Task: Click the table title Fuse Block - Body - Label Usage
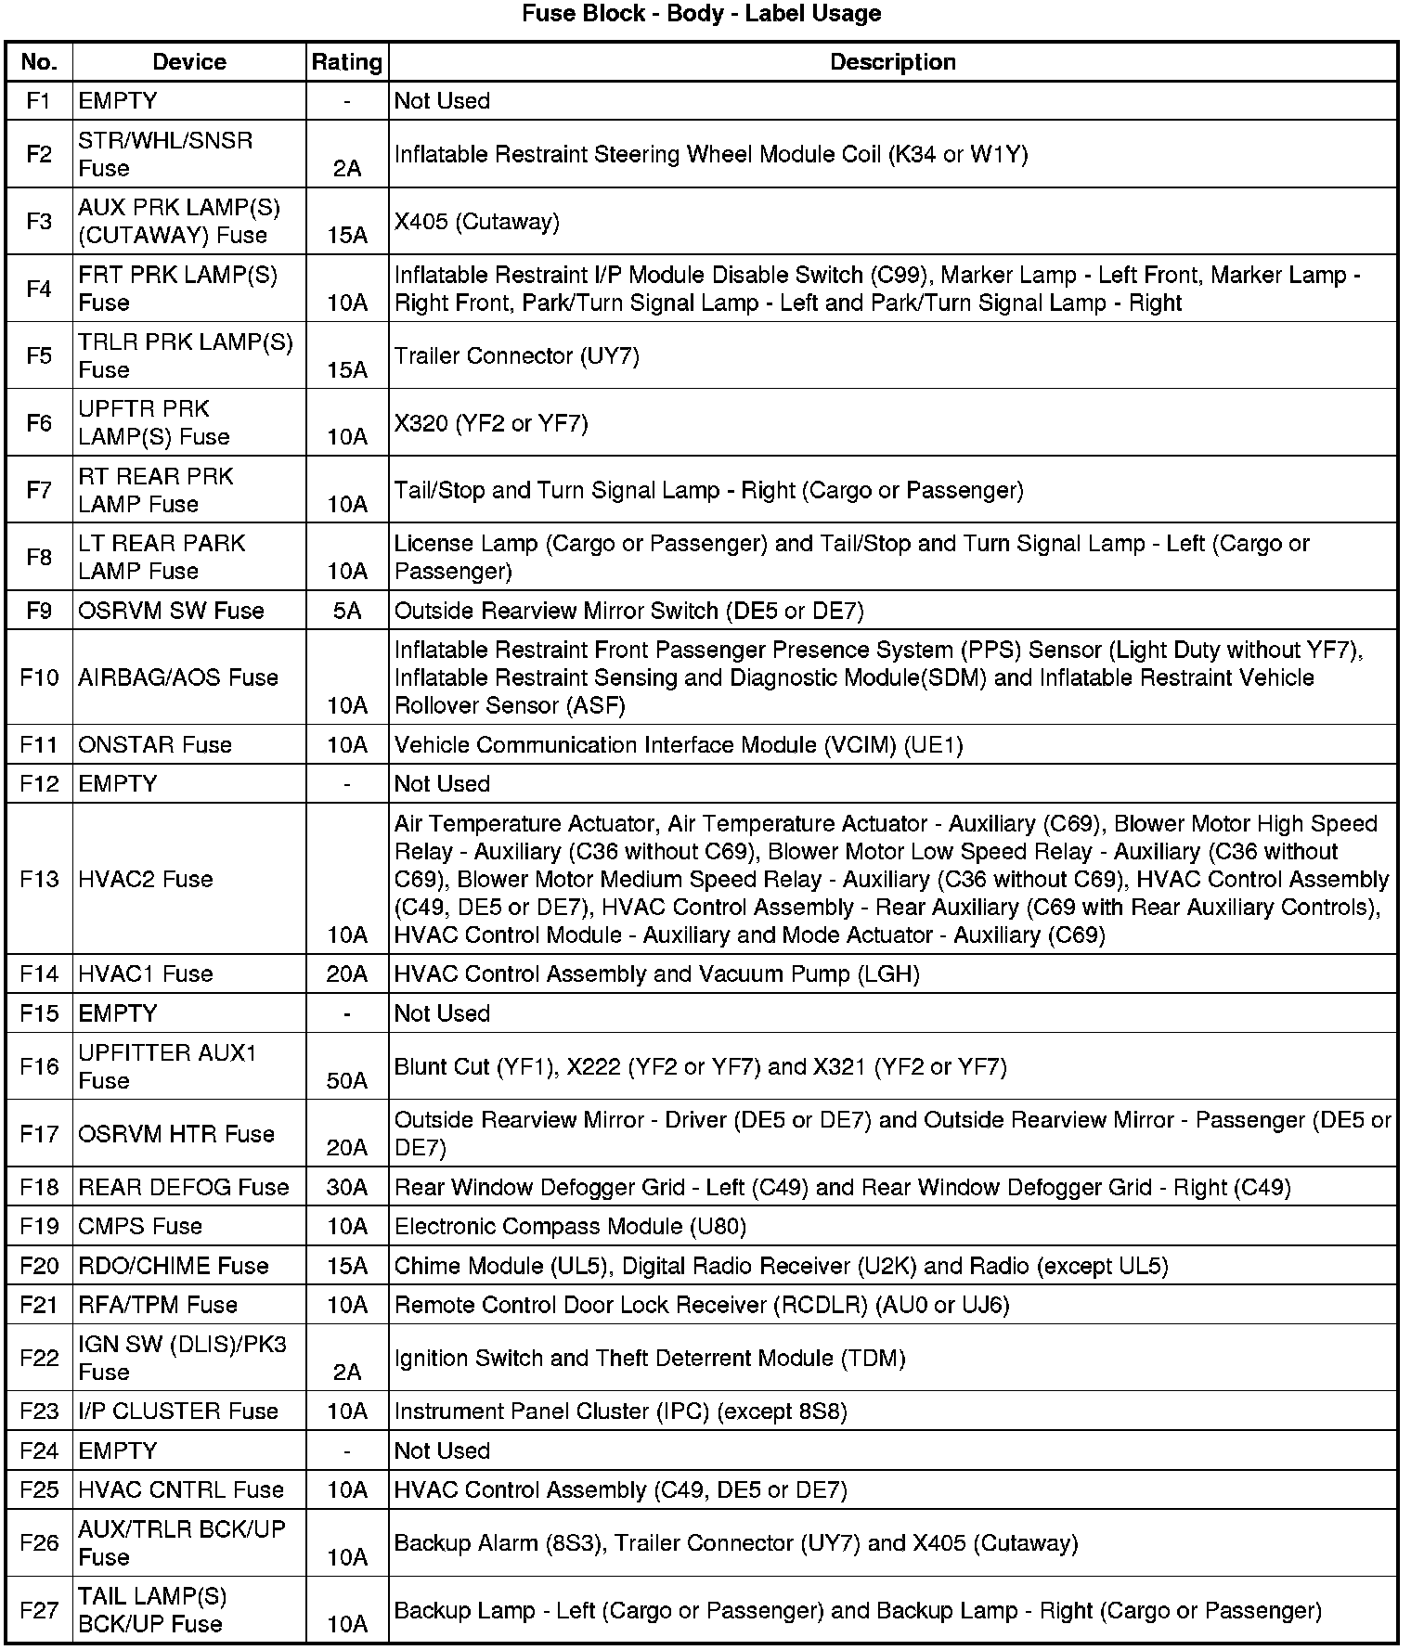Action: point(701,14)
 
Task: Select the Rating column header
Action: point(346,62)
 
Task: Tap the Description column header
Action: point(892,62)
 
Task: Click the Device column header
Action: point(189,62)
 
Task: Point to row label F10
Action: point(39,677)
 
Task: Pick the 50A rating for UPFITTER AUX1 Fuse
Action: point(347,1080)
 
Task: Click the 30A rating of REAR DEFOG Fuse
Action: point(347,1187)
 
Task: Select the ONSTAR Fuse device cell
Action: point(155,744)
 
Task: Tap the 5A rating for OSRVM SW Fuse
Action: point(347,611)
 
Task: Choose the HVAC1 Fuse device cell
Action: point(146,973)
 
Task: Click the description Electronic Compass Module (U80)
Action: point(570,1226)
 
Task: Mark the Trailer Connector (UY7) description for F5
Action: point(517,356)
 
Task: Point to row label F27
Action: point(39,1609)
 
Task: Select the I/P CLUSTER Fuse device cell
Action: point(178,1411)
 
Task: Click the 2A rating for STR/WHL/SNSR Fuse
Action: point(347,168)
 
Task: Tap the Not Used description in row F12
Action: point(442,783)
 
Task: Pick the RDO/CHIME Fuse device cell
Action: point(174,1266)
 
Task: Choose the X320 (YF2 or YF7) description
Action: point(491,423)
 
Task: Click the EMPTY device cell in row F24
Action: point(118,1450)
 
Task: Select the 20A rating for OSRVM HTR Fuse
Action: point(347,1148)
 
